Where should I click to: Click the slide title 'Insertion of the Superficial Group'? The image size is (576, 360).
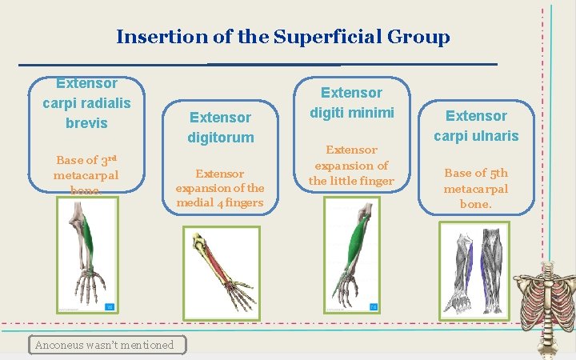[282, 37]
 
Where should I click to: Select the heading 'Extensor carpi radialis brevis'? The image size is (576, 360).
[86, 103]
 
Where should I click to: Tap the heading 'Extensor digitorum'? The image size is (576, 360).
[220, 127]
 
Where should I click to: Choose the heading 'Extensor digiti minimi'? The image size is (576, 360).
[352, 103]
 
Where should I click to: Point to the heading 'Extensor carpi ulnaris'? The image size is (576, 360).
[476, 126]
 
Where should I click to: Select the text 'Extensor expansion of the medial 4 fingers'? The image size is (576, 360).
[220, 187]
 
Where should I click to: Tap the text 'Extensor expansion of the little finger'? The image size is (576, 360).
[352, 165]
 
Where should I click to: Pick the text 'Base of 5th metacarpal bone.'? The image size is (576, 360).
[476, 188]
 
